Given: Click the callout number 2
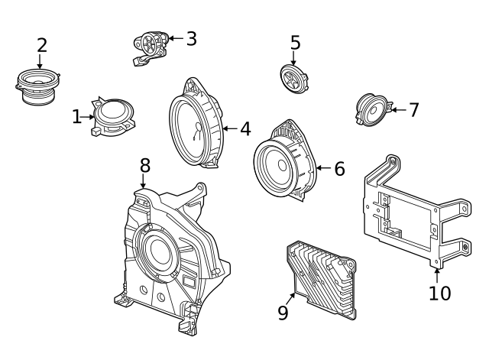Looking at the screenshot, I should [42, 45].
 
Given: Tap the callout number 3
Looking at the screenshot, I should [191, 38].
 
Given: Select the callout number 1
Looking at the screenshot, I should [76, 117].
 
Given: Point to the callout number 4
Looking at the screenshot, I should [244, 129].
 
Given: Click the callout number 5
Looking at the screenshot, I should [295, 44].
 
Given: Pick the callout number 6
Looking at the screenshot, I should [338, 168].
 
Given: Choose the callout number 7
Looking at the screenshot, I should [413, 110].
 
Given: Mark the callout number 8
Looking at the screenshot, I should [144, 165].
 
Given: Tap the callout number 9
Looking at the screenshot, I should [283, 313].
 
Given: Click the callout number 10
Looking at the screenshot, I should [439, 293].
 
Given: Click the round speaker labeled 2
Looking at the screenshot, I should [37, 86].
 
